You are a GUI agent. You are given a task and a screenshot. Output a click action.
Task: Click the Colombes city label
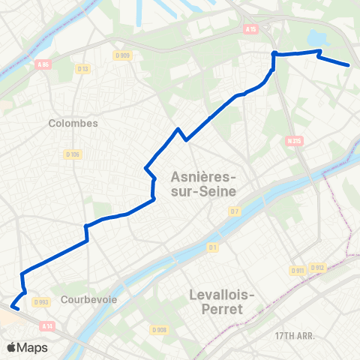tap(73, 123)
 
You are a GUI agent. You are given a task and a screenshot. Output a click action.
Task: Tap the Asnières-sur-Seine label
tap(203, 184)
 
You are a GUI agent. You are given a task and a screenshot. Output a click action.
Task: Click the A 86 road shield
tap(43, 64)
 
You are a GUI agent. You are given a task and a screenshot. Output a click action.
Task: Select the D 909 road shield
tap(122, 55)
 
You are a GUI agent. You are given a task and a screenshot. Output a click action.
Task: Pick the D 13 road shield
tap(82, 69)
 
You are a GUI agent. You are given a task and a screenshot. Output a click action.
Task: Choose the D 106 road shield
tap(72, 154)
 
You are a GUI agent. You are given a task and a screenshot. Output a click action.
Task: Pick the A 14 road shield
tap(48, 325)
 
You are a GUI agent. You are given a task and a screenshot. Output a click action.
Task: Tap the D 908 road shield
tap(158, 330)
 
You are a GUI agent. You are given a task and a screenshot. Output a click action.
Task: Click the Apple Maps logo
tap(27, 347)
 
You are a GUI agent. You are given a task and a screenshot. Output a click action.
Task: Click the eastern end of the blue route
tap(349, 65)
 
